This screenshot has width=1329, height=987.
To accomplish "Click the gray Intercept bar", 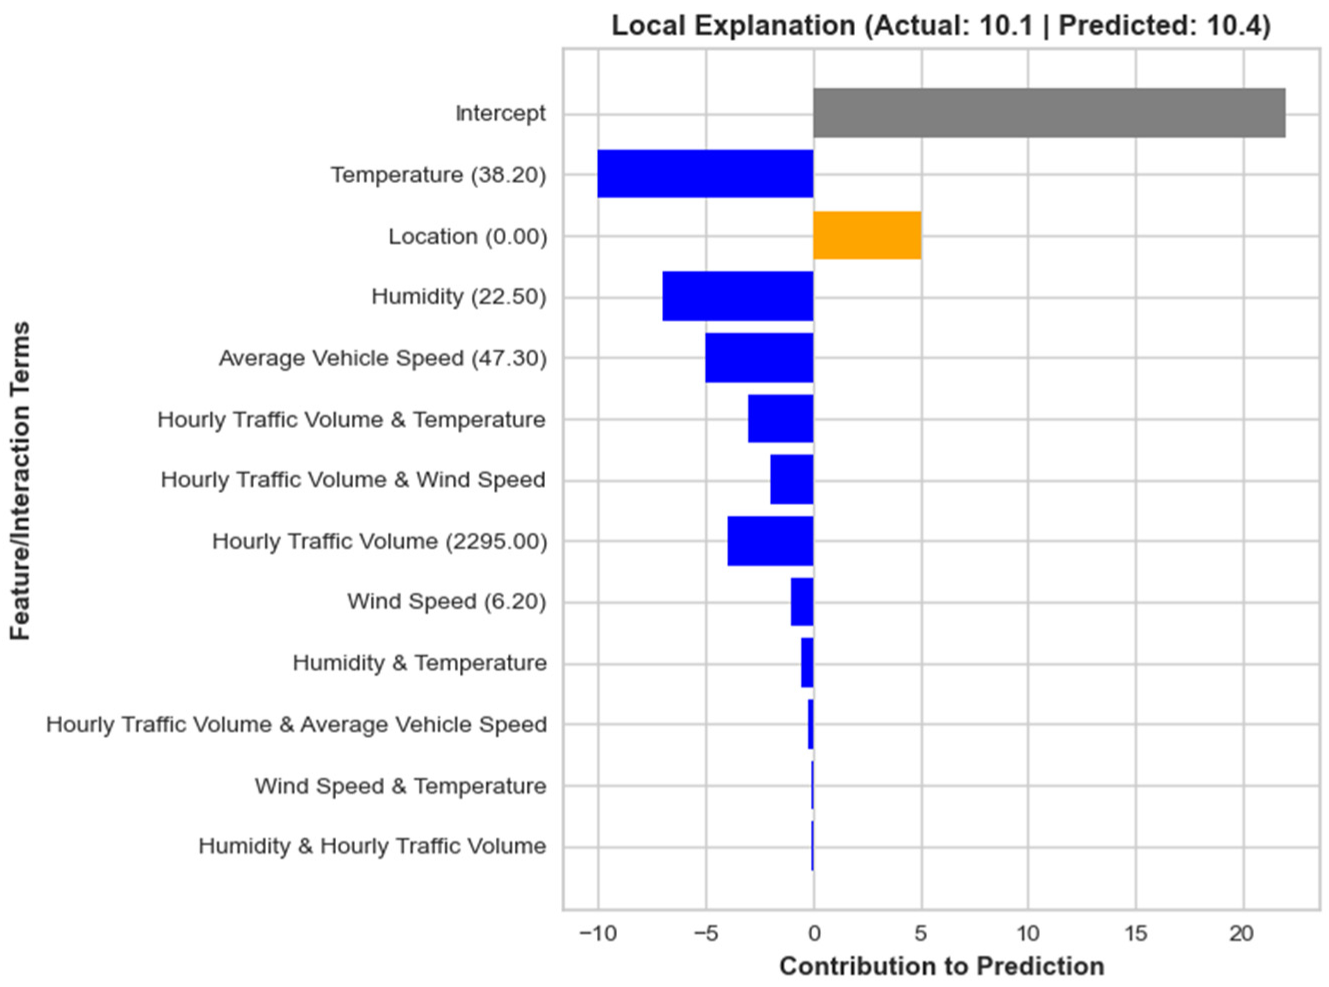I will [x=1049, y=113].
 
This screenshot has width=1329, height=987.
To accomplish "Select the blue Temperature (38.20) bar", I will [x=705, y=174].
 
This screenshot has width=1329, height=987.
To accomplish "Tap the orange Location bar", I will [x=867, y=235].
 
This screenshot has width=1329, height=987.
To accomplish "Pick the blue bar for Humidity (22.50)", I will [x=737, y=296].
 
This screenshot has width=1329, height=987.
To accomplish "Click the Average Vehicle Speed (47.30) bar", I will [x=759, y=358].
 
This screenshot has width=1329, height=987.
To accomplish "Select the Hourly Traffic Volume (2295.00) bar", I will [x=770, y=541].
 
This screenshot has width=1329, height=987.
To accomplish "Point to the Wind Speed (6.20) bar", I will [x=802, y=602].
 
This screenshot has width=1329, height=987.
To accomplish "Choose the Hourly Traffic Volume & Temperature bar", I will [x=780, y=419].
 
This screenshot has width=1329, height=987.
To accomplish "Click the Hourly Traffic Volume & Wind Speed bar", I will [x=791, y=480].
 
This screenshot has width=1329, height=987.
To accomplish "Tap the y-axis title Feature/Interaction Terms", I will [x=20, y=481].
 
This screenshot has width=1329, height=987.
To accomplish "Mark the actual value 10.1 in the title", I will [x=1006, y=25].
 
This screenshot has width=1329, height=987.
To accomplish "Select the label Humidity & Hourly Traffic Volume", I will [x=372, y=847].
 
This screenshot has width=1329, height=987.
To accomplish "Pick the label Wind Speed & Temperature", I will [x=400, y=786].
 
